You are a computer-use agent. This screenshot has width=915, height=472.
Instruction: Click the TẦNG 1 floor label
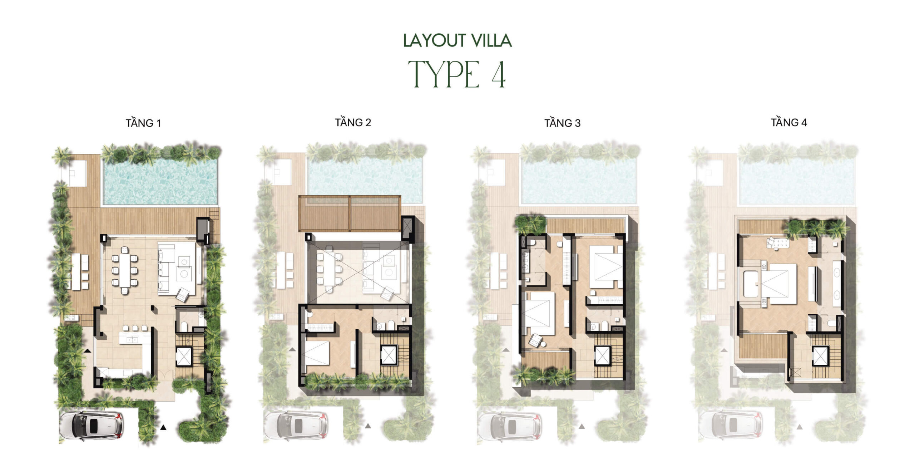click(x=143, y=123)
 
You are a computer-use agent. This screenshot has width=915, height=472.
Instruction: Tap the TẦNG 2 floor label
click(x=353, y=122)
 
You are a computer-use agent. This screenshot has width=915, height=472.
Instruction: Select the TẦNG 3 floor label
click(x=562, y=123)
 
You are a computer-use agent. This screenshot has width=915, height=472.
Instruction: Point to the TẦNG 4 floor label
click(x=789, y=122)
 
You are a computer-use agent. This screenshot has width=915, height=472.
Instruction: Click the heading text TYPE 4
click(x=457, y=74)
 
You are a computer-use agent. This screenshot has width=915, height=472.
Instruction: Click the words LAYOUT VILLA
click(x=457, y=40)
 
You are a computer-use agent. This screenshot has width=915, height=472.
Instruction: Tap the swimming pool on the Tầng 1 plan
click(x=160, y=182)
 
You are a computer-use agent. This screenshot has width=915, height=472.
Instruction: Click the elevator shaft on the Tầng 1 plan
click(x=184, y=356)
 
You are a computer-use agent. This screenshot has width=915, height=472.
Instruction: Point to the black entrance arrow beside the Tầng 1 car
click(x=163, y=427)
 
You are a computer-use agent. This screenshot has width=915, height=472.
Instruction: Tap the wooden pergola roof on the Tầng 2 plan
click(x=350, y=213)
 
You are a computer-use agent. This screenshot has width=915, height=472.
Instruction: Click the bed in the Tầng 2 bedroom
click(x=316, y=353)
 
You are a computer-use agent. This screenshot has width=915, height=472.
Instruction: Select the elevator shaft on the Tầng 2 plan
click(x=389, y=355)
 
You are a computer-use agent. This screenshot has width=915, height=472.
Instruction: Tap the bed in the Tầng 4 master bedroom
click(x=778, y=284)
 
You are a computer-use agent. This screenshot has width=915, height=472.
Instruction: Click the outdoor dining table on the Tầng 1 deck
click(x=76, y=272)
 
